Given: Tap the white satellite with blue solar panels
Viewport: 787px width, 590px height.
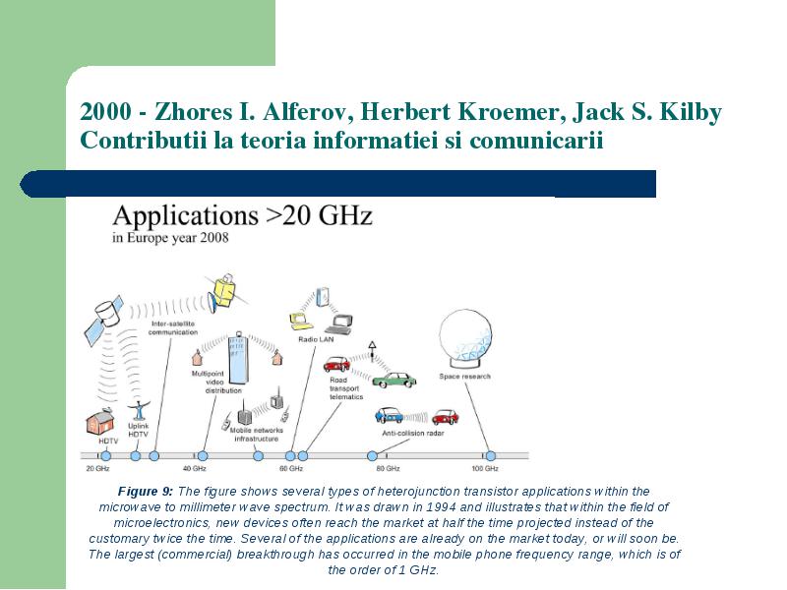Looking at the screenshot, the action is point(104,319).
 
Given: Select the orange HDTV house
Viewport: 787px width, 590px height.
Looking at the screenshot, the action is point(100,421).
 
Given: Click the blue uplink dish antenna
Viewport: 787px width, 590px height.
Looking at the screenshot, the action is point(139,409).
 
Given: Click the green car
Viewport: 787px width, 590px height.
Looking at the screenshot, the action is point(394,380).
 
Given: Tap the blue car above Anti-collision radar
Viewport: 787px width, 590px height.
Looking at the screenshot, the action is point(389,415).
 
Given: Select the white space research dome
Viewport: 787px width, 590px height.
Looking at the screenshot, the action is point(465,338).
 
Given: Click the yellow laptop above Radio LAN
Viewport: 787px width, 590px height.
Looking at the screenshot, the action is point(301,322).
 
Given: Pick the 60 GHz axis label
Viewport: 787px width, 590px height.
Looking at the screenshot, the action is point(291,469).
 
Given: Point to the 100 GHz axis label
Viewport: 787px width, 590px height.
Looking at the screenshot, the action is point(485,469).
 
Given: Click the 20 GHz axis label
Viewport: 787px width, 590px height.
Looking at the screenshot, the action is point(97,469).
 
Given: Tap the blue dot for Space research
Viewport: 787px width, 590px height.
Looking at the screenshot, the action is point(490,456).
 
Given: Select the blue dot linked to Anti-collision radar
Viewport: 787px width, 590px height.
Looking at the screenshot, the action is point(372,456).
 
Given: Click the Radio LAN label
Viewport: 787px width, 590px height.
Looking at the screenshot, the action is point(316,339).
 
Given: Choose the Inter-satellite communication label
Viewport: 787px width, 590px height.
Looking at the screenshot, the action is point(173,328).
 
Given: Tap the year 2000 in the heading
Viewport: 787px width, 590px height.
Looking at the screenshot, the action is point(106,111).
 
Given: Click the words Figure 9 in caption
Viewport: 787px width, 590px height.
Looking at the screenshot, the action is point(145,491).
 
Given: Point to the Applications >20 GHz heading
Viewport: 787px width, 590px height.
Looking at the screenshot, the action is point(242,215).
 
